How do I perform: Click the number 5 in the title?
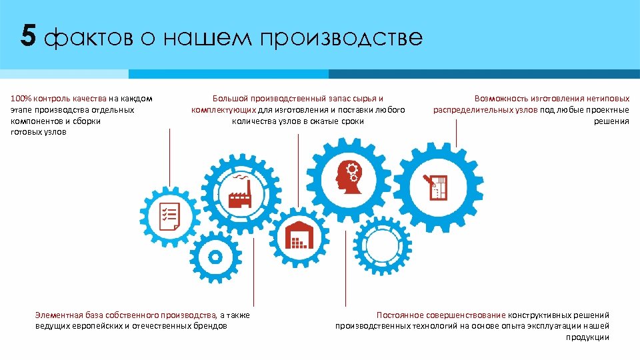coord(28,36)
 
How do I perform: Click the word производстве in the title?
coord(341,37)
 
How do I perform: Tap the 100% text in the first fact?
coord(21,99)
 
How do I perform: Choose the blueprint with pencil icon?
coord(437,188)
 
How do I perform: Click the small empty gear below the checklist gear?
coord(215,257)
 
